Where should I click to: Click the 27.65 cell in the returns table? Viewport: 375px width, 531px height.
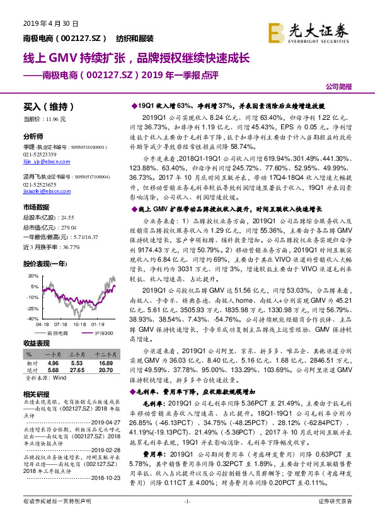[x=78, y=371]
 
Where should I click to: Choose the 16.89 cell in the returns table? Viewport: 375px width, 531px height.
[x=105, y=364]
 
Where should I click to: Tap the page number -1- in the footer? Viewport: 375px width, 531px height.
[x=187, y=518]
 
